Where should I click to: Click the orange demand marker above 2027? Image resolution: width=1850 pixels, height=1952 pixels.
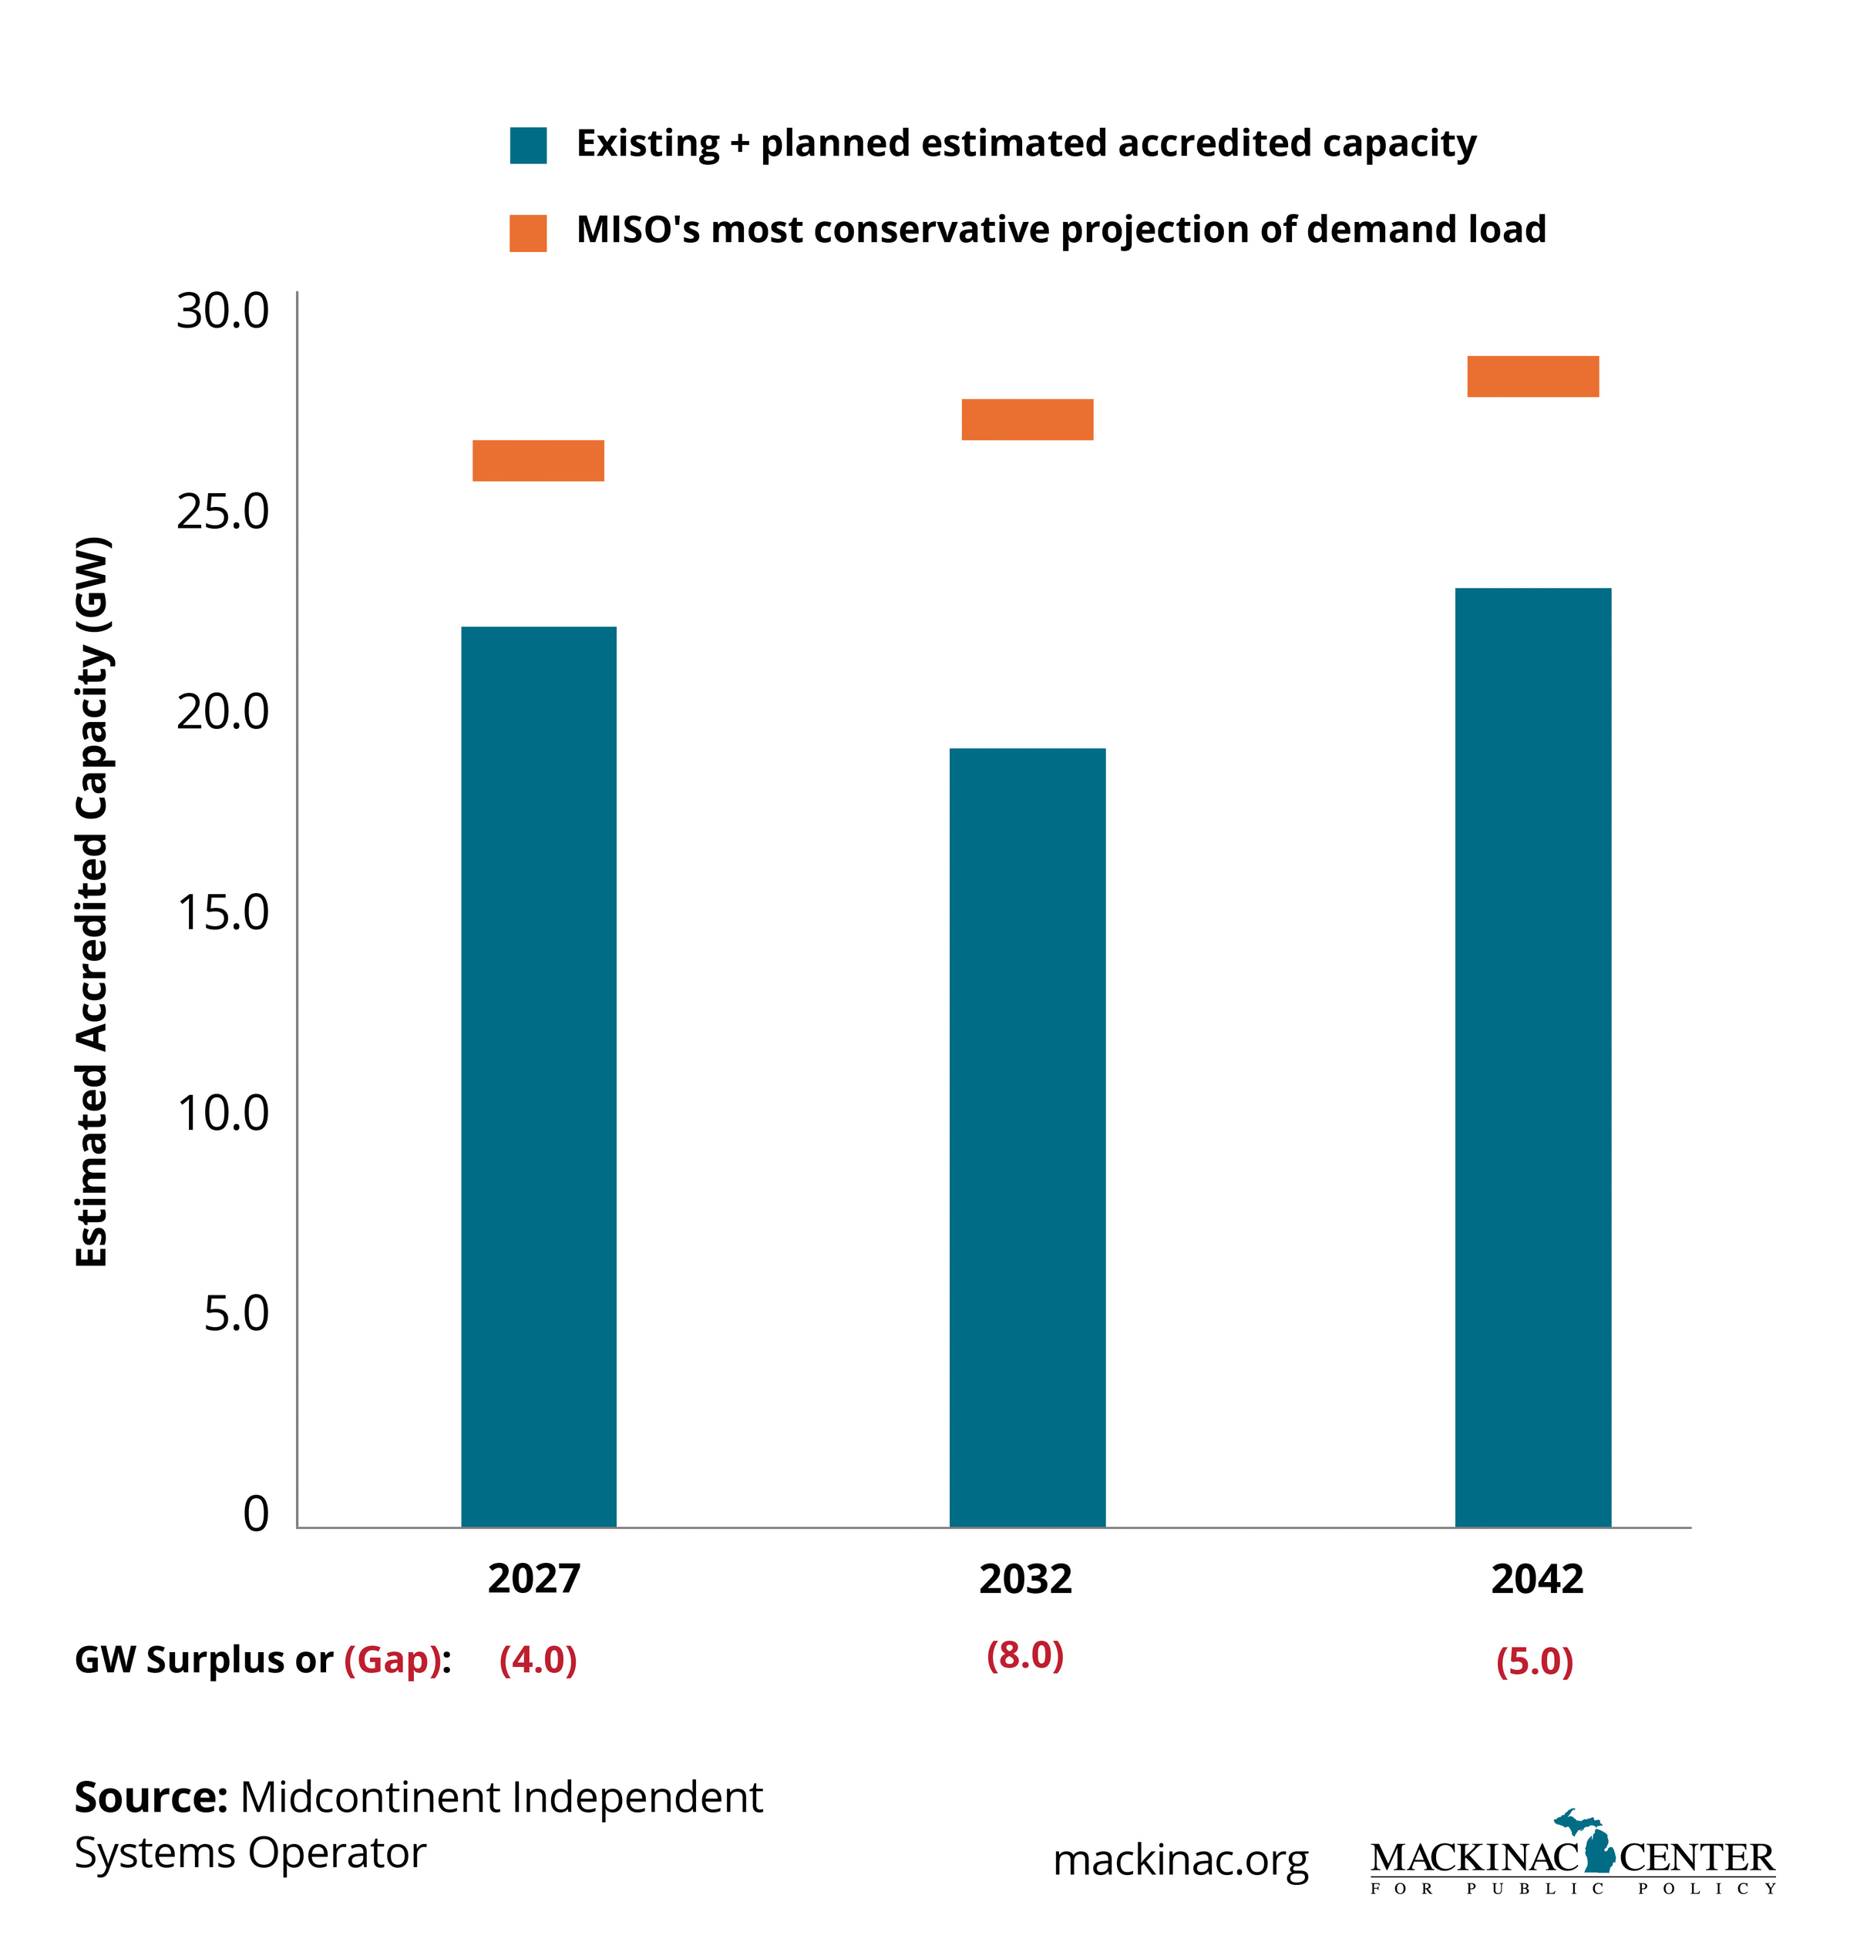click(539, 460)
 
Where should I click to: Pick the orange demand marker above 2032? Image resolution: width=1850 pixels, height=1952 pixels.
click(1027, 419)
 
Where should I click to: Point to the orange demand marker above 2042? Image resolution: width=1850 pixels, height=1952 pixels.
click(1532, 375)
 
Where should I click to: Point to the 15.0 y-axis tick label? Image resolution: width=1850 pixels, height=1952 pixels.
click(222, 913)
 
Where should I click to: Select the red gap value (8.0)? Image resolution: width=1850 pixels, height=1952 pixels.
click(1024, 1655)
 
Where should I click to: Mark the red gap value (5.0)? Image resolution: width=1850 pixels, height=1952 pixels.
click(1535, 1662)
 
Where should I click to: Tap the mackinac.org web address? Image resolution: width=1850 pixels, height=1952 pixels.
click(1180, 1860)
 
